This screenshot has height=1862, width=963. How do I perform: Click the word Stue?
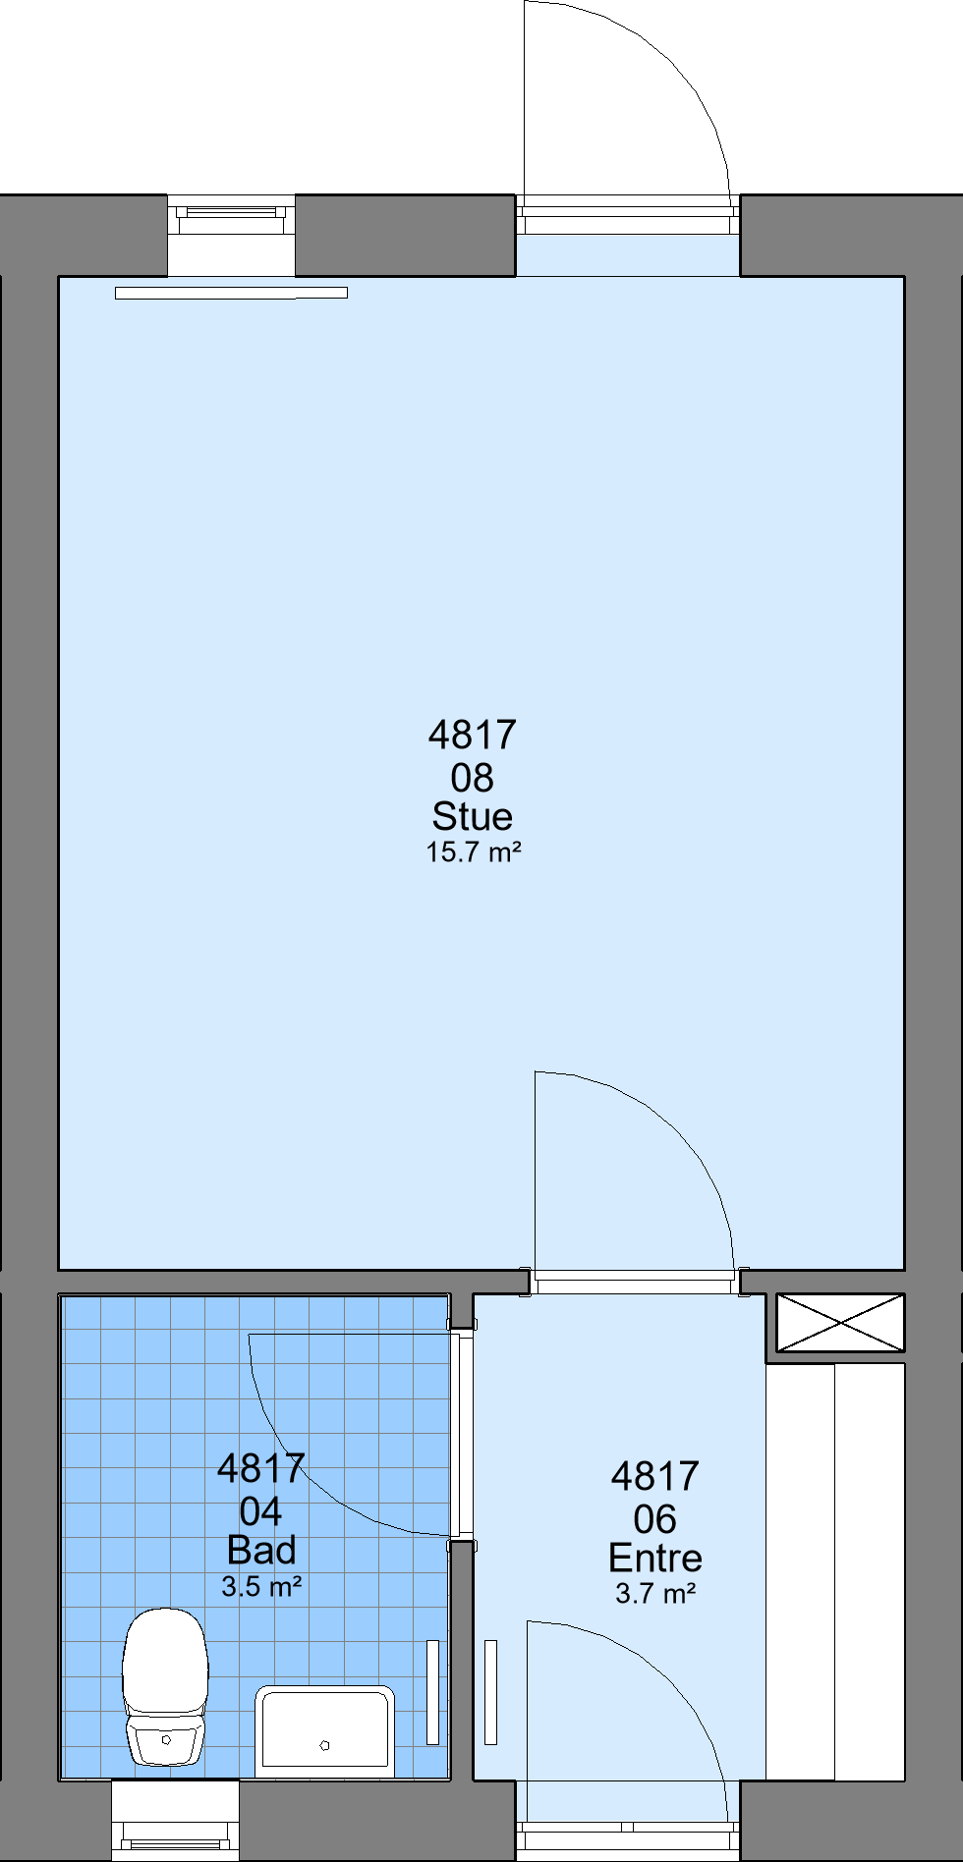coord(473,816)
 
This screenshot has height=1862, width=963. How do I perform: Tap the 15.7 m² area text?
coord(474,851)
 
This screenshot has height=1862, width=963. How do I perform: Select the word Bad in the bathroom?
coord(261,1550)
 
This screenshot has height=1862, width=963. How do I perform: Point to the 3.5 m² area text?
coord(261,1586)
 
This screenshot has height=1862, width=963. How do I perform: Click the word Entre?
coord(655,1558)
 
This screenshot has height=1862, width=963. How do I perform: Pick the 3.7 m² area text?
coord(655,1593)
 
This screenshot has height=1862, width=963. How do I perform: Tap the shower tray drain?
coord(324,1744)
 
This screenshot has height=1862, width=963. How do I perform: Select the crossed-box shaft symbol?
coord(840,1322)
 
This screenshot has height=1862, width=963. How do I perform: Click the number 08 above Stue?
coord(473,778)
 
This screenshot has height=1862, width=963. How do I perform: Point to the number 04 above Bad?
coord(261,1511)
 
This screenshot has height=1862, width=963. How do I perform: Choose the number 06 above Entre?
coord(655,1519)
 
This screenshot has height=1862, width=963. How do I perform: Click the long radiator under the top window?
coord(231,293)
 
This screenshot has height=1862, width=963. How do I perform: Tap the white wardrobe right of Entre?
coord(835,1571)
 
